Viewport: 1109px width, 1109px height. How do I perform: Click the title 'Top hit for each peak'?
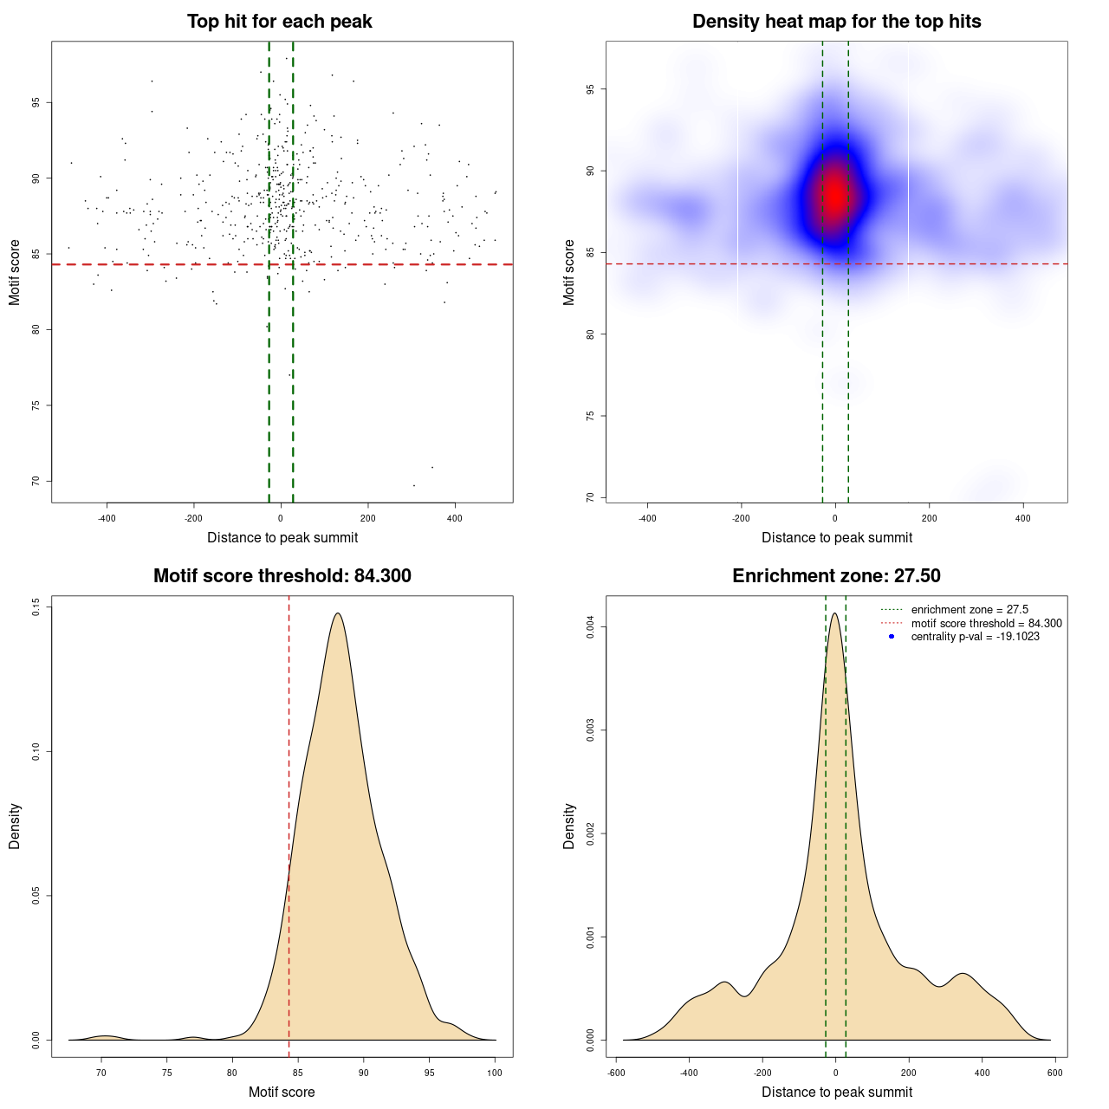[280, 22]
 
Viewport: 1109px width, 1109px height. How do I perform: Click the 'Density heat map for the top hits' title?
[836, 22]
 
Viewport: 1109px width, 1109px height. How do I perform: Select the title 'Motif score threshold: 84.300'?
[282, 576]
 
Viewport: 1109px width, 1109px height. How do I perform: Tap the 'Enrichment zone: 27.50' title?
[836, 576]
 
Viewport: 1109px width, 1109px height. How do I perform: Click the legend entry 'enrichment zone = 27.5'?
[970, 610]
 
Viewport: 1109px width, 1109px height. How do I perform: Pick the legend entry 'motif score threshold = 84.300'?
[986, 624]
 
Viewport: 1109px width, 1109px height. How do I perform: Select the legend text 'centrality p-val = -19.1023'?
[975, 637]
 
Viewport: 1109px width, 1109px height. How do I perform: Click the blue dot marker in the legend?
[892, 637]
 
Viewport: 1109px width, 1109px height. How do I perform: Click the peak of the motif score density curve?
[337, 613]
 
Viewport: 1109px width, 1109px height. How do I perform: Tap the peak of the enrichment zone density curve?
[834, 613]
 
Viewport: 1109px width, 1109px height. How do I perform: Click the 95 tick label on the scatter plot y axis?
[36, 102]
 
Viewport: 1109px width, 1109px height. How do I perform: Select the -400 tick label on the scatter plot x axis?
[107, 518]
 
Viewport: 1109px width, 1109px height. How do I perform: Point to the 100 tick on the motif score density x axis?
[495, 1073]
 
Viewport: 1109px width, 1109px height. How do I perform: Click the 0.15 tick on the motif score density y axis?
[36, 607]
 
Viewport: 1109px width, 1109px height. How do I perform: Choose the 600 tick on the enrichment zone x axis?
[1054, 1073]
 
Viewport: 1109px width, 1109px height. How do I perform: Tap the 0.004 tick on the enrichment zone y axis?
[590, 627]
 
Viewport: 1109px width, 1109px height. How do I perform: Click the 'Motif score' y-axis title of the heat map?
[569, 272]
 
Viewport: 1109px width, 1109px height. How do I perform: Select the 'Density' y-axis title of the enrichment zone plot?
[569, 826]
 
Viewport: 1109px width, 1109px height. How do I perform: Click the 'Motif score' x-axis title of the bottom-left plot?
[282, 1092]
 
